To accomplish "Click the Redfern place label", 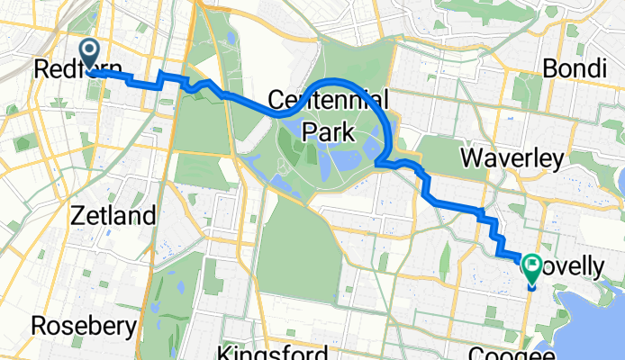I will point(68,68).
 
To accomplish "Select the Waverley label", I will point(512,159).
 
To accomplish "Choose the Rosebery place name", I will point(84,324).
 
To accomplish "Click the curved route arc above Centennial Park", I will point(342,82).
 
